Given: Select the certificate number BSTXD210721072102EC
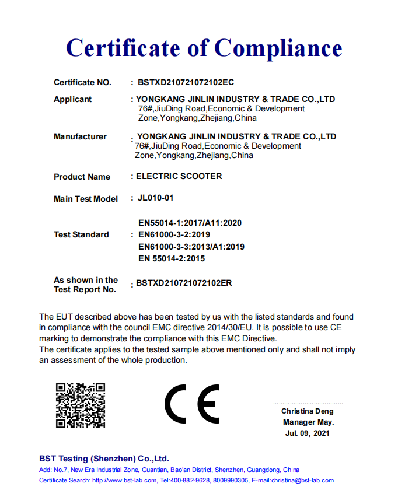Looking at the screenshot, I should tap(186, 82).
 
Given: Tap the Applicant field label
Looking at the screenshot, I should tap(72, 99).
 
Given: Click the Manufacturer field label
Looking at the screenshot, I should tap(80, 136).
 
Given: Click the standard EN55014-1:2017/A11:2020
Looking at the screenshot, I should tap(190, 223).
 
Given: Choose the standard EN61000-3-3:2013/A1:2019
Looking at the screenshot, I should tap(191, 246).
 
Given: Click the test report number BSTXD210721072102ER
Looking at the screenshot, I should tap(184, 283).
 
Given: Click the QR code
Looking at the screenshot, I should tap(81, 405).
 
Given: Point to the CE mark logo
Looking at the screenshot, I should tap(191, 404).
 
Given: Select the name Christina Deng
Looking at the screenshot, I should tap(308, 411).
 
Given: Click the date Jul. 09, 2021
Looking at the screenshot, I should tap(308, 433).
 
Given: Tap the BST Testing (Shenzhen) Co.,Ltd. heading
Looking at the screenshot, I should tap(104, 459).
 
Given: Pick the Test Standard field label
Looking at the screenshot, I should tap(81, 235).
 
